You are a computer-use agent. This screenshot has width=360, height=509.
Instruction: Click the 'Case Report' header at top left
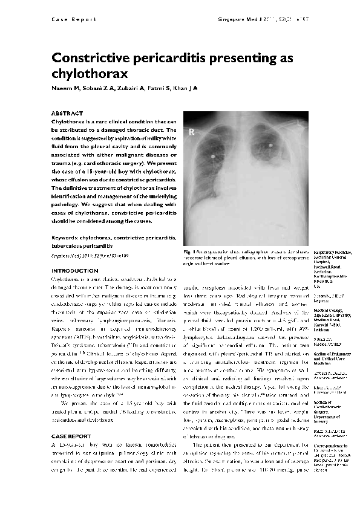73,19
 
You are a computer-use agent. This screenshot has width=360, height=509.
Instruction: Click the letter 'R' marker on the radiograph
192,131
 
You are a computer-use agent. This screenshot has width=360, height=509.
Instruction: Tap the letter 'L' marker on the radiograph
299,123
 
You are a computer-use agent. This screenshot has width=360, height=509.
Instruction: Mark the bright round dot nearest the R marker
213,155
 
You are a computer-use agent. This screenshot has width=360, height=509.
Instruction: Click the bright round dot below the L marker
270,145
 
